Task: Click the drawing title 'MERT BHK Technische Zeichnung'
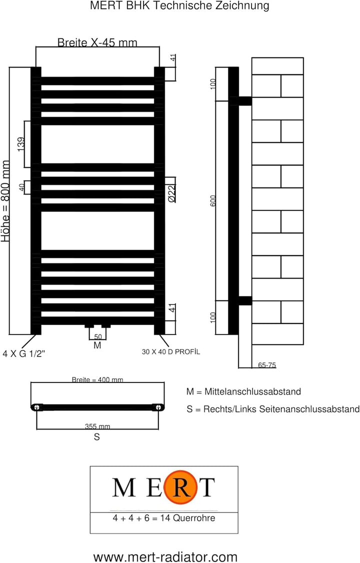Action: click(179, 5)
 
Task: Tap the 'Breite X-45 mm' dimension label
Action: click(97, 42)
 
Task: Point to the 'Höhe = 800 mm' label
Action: click(5, 201)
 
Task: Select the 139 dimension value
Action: click(21, 144)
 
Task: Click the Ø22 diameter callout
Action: click(171, 193)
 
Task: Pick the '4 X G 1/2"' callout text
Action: click(23, 353)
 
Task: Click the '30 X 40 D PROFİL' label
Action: click(171, 352)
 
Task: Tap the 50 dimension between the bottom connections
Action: click(98, 337)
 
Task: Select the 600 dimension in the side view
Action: click(213, 200)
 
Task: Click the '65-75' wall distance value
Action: click(267, 365)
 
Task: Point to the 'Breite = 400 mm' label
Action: click(97, 379)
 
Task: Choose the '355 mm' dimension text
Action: click(97, 426)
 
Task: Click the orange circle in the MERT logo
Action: click(180, 487)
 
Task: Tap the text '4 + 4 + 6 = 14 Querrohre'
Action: click(164, 518)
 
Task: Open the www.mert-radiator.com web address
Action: click(165, 557)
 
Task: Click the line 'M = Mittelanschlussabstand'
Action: click(243, 391)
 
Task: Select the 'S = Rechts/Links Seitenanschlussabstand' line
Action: click(273, 409)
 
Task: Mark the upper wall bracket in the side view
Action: click(245, 101)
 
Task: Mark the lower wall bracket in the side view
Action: click(245, 300)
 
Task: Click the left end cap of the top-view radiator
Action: click(36, 407)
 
